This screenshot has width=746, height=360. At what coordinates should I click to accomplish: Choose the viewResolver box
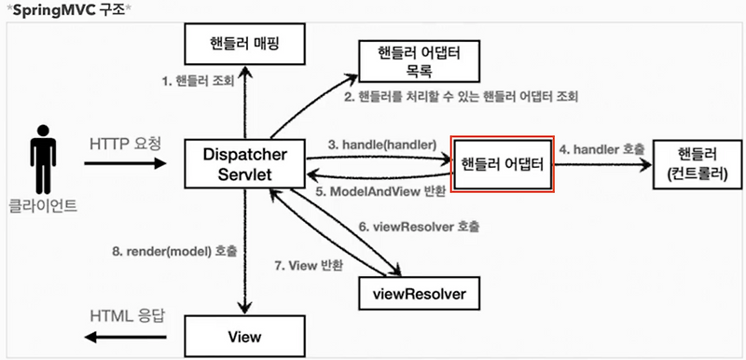click(423, 294)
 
